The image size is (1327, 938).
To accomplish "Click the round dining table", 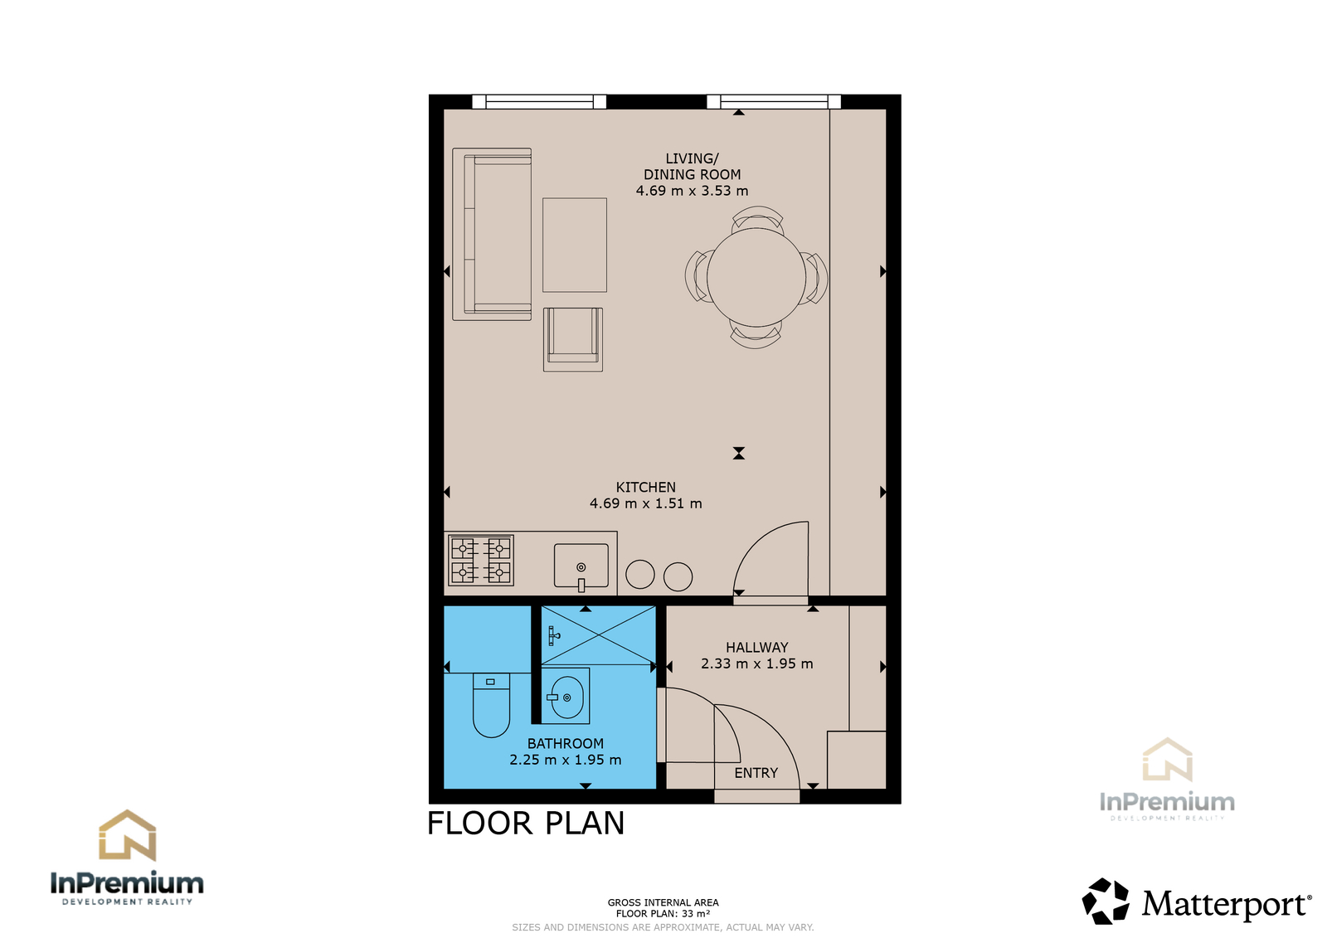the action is pos(756,277).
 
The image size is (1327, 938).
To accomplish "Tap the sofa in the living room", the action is pos(492,234).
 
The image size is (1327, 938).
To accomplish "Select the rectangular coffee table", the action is pos(575,245).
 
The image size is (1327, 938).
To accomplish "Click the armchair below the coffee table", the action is pos(573,339).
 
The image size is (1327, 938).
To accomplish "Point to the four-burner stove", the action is pos(481,560).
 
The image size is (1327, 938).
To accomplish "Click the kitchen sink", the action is pos(581,566).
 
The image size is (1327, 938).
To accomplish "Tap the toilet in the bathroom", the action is pos(491,705).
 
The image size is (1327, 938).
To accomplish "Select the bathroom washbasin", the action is pos(566,696).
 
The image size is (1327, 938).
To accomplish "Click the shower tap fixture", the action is pos(553,636).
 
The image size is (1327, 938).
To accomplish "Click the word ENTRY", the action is pos(756,773).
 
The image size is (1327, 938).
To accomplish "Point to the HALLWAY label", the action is pos(757,647).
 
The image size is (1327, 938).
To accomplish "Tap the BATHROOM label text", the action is pos(566,743).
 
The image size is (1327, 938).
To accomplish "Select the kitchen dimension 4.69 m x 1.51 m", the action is pos(646,503).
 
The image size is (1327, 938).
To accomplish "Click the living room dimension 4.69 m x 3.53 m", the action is pos(692,190).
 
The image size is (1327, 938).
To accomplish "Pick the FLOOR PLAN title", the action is pos(526,823).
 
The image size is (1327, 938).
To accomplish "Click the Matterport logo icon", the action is pos(1105,901).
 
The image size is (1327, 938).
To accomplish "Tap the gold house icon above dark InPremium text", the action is pos(128,835).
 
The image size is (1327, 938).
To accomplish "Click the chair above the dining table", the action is pos(757,219).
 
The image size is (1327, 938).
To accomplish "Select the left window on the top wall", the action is pos(539,102).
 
